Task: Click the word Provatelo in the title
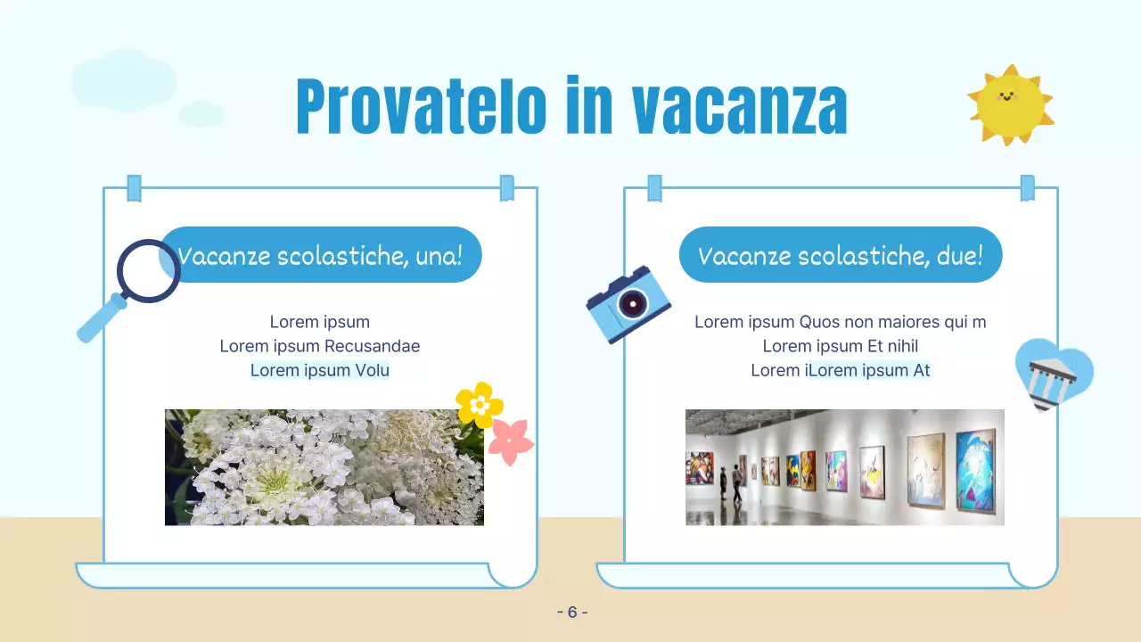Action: pyautogui.click(x=420, y=107)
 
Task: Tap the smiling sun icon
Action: pyautogui.click(x=1010, y=104)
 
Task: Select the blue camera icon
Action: pyautogui.click(x=628, y=304)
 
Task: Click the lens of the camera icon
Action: pyautogui.click(x=633, y=303)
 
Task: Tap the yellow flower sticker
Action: pyautogui.click(x=480, y=405)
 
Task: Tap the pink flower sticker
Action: pyautogui.click(x=511, y=441)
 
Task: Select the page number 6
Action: pyautogui.click(x=572, y=613)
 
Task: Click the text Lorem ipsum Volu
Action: pyautogui.click(x=320, y=370)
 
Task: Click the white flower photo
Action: pyautogui.click(x=324, y=467)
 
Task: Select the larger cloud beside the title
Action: pyautogui.click(x=124, y=80)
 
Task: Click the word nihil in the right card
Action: pyautogui.click(x=902, y=346)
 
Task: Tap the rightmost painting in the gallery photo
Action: pyautogui.click(x=975, y=470)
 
